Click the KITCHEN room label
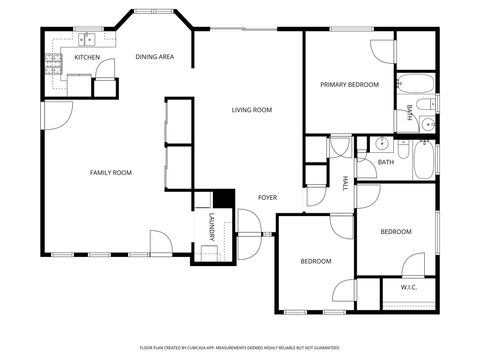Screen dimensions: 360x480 (x=87, y=57)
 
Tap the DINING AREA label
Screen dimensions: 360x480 (x=154, y=57)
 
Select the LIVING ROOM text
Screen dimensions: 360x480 (x=252, y=109)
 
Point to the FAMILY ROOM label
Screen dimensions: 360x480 (x=111, y=172)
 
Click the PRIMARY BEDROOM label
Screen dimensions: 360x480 (x=349, y=85)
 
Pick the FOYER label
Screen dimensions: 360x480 (x=267, y=197)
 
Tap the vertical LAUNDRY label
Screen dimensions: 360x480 (x=211, y=228)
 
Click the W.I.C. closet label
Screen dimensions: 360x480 (x=408, y=288)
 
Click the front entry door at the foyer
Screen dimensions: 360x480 (x=252, y=240)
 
